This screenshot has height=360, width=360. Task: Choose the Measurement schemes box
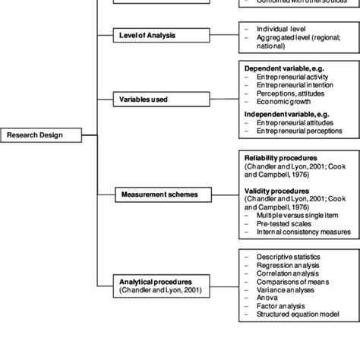(x=159, y=194)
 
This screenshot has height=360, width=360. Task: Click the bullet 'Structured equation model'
(x=298, y=316)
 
